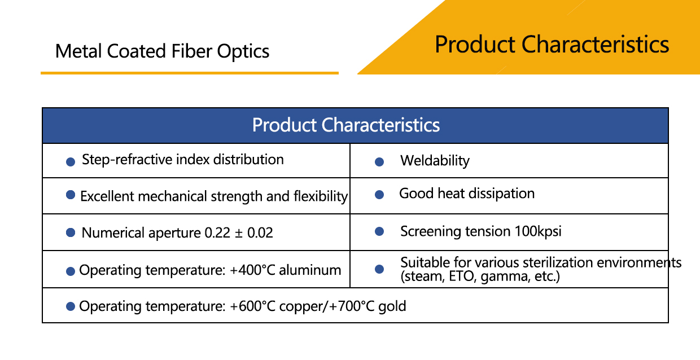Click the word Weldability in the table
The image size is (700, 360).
[435, 161]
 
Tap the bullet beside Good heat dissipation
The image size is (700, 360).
[379, 195]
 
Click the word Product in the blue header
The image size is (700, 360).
[285, 125]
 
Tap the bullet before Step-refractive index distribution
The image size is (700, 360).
[71, 162]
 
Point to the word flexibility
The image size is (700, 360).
[320, 196]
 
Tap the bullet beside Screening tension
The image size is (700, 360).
[379, 232]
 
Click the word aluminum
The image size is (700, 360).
[312, 270]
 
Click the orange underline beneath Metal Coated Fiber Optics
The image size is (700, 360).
[189, 73]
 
